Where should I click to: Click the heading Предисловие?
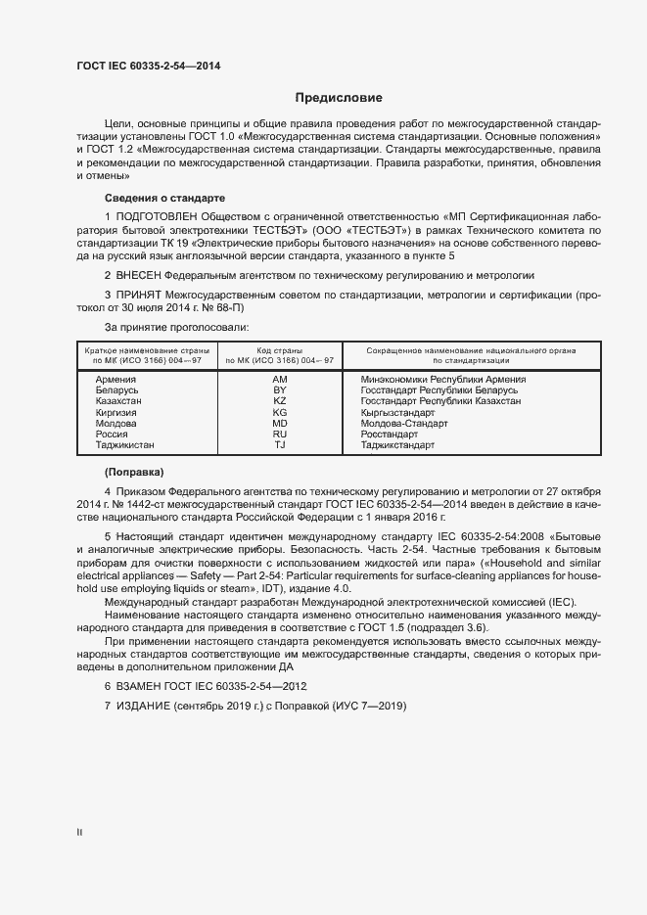pos(339,98)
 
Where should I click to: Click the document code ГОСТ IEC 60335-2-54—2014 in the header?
pos(148,66)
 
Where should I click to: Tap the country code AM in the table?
pos(280,379)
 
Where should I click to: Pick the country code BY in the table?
pos(280,389)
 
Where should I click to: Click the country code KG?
pos(280,412)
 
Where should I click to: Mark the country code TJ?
pos(280,445)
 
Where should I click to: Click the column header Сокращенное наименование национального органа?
pos(470,350)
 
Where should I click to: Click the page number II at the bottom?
pos(79,833)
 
